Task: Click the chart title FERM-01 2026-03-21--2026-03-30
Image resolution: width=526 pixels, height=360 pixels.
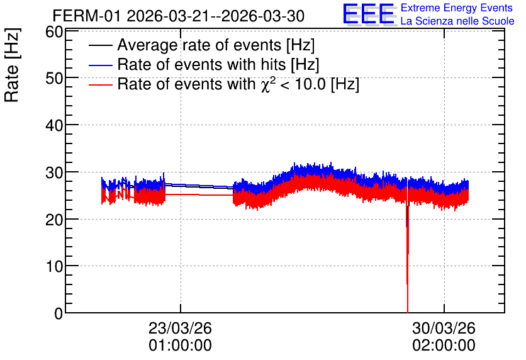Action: click(x=179, y=16)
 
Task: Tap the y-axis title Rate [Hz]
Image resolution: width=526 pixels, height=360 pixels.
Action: click(x=12, y=65)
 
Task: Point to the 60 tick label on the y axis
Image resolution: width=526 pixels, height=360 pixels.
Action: click(x=54, y=32)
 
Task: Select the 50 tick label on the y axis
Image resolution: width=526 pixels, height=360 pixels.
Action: click(x=54, y=78)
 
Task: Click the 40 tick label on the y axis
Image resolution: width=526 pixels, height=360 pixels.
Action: click(x=54, y=125)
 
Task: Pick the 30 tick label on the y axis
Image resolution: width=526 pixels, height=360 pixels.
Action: click(x=54, y=173)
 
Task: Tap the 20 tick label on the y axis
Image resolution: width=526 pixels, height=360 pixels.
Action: click(x=54, y=220)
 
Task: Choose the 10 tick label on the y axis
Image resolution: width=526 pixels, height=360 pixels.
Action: click(x=54, y=267)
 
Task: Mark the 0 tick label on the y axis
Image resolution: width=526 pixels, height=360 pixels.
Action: click(x=59, y=313)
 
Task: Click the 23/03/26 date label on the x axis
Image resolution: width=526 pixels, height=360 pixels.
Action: click(x=180, y=328)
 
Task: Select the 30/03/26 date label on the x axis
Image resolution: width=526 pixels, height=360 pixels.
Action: click(x=444, y=328)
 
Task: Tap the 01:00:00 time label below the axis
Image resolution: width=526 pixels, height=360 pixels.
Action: click(x=180, y=346)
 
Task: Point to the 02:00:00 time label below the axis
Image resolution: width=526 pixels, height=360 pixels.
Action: click(x=444, y=346)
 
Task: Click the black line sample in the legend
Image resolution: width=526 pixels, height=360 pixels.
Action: click(x=100, y=45)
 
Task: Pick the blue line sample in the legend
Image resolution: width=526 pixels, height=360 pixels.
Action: click(x=100, y=65)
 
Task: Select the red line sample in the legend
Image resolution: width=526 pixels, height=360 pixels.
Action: click(x=100, y=84)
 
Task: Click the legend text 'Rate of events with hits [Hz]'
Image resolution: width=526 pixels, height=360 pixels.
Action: click(x=218, y=64)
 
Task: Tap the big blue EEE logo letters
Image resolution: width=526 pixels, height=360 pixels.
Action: click(x=368, y=14)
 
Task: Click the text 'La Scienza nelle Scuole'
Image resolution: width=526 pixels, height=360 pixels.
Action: click(x=457, y=21)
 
